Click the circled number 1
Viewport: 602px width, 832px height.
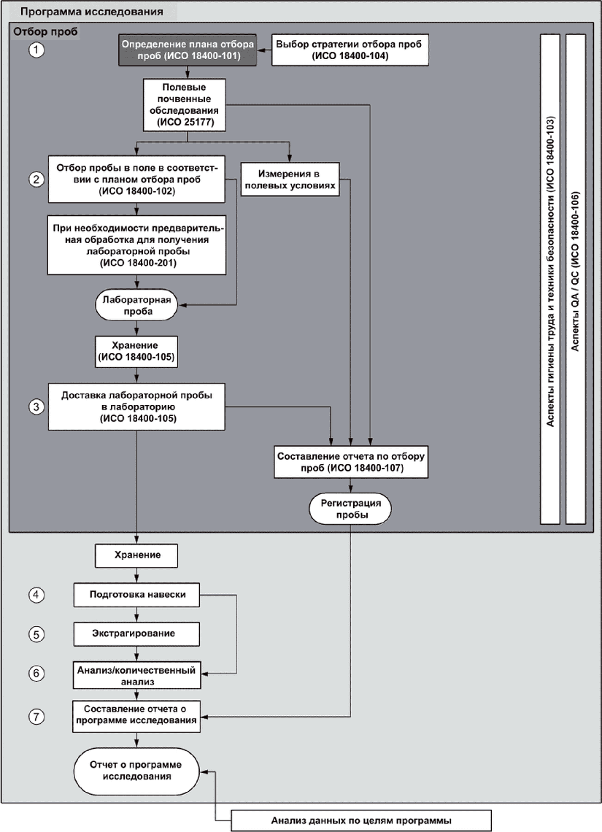click(x=36, y=50)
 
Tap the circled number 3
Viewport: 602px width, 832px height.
click(x=36, y=407)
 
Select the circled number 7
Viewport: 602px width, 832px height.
click(x=36, y=717)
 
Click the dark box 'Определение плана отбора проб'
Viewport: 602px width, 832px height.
click(x=188, y=50)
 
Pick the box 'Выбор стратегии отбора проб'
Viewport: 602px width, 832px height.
click(x=350, y=50)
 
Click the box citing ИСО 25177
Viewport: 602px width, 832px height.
click(x=185, y=104)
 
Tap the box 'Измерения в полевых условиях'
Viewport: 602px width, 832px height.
click(x=290, y=180)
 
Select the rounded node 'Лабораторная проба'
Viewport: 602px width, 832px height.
click(x=137, y=305)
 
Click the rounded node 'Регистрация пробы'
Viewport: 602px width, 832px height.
click(x=350, y=509)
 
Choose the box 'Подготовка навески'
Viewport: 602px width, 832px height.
click(x=137, y=595)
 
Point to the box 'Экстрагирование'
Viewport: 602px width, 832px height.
click(x=137, y=633)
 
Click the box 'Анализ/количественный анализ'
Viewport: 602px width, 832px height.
click(x=137, y=675)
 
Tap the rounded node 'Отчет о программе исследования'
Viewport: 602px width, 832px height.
click(x=136, y=771)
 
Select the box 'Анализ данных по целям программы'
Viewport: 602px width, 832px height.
click(x=361, y=820)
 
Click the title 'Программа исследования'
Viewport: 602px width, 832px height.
click(x=91, y=11)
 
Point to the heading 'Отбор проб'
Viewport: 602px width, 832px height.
click(x=46, y=32)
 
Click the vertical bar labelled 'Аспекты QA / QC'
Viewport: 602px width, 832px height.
click(x=576, y=279)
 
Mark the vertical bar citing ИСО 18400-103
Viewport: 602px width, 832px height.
click(x=550, y=279)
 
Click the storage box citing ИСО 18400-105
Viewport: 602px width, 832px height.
click(x=136, y=351)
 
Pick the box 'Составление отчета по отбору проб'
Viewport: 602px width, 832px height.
click(x=351, y=462)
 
